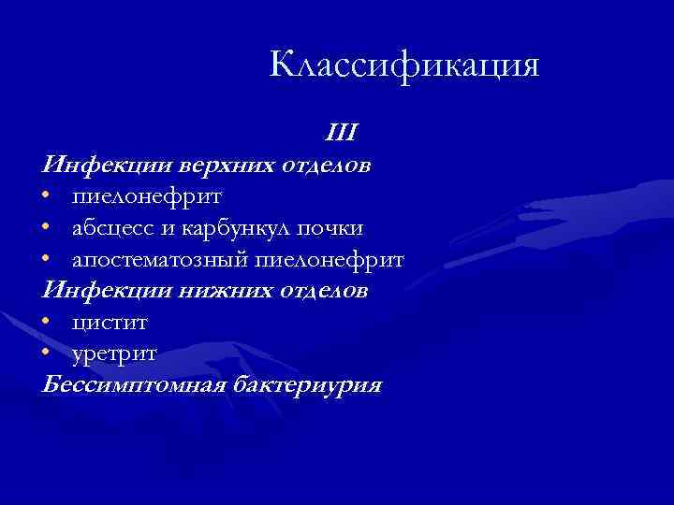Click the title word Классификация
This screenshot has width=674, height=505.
pos(404,65)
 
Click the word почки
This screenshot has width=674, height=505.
pos(334,228)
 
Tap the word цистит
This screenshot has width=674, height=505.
pos(109,324)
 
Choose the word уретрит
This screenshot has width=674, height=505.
pos(113,355)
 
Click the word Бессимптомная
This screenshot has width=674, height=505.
pos(123,386)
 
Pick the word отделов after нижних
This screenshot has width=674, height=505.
pos(322,292)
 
